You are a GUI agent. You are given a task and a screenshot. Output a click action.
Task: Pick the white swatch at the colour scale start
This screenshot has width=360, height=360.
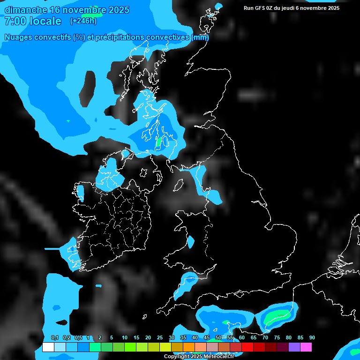point(48,347)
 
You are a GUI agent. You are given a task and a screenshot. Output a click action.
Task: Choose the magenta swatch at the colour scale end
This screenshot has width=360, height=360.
point(306,347)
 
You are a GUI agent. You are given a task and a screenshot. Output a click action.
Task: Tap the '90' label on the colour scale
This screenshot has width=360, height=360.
point(312,338)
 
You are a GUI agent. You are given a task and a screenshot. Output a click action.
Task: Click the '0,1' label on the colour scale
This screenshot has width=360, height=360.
point(55,338)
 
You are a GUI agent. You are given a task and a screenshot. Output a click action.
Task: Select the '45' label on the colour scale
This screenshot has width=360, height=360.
point(207,338)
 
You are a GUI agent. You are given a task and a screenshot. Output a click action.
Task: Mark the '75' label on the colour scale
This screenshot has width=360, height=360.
point(277,338)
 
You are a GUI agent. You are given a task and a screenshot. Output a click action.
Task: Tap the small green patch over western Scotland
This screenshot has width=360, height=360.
point(158,141)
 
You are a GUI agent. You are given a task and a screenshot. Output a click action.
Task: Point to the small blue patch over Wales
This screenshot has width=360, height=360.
point(190,242)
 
